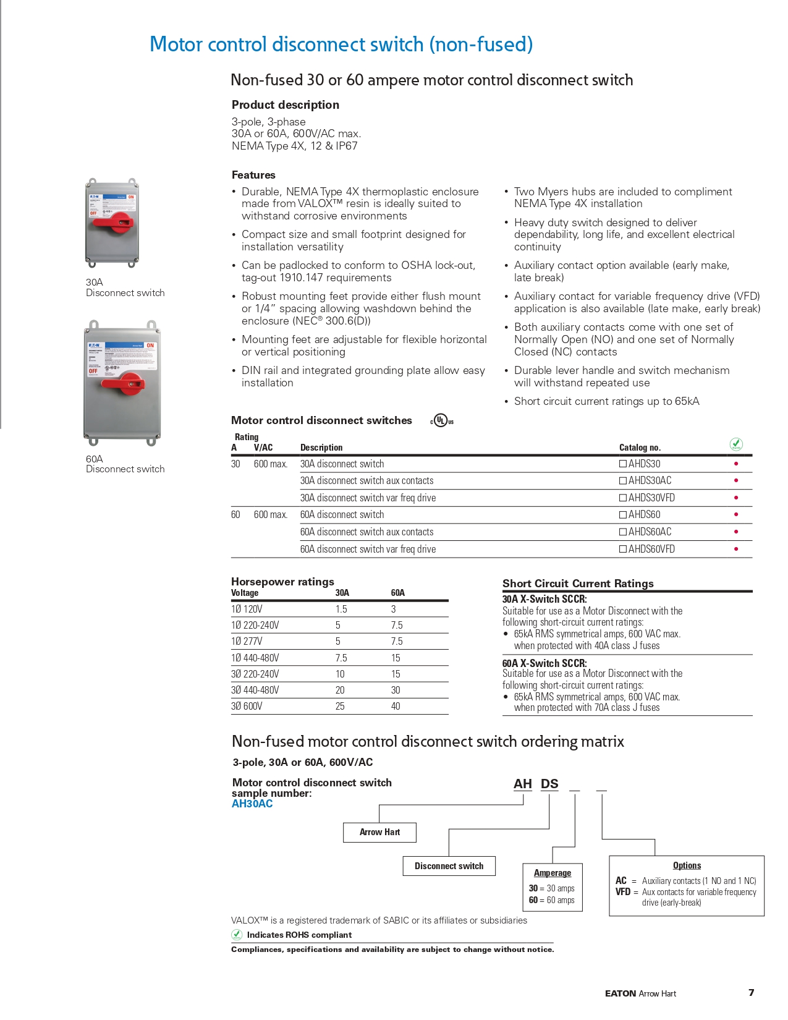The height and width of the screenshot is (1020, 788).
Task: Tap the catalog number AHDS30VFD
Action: tap(651, 498)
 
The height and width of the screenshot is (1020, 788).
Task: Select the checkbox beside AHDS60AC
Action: tap(623, 532)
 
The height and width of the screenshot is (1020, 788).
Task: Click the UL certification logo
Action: tap(441, 421)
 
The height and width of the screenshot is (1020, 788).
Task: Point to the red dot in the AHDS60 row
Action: tap(735, 514)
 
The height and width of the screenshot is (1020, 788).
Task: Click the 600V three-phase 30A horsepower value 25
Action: tap(340, 706)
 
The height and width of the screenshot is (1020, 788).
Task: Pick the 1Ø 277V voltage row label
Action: tap(247, 641)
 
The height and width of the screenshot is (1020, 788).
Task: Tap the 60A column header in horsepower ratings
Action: tap(397, 592)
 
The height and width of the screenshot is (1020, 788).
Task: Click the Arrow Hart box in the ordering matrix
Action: tap(379, 832)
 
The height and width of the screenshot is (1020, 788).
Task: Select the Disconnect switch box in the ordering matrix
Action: tap(449, 866)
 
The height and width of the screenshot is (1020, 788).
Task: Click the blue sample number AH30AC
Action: tap(252, 804)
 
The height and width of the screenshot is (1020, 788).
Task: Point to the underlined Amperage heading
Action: tap(553, 873)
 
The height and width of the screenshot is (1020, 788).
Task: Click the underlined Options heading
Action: tap(687, 865)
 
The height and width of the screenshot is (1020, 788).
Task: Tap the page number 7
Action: tap(751, 992)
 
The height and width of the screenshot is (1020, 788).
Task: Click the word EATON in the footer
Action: tap(620, 993)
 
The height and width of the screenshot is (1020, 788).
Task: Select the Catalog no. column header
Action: tap(640, 448)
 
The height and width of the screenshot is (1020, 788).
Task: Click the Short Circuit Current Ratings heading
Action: tap(578, 583)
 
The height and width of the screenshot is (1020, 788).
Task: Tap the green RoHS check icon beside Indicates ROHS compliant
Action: tap(237, 935)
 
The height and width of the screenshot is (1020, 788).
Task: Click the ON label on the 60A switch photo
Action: tap(150, 345)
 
